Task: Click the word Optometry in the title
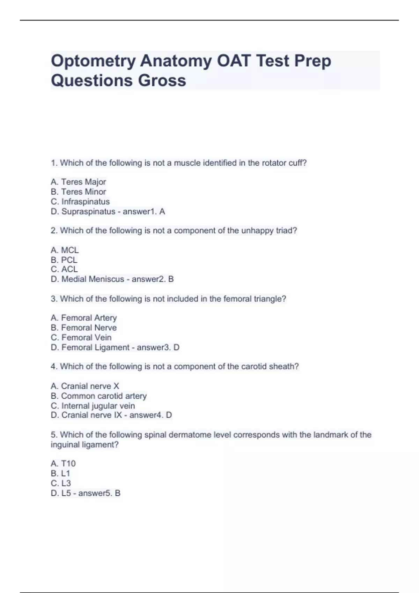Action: point(93,61)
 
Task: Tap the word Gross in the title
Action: point(162,81)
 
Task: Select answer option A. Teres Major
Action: point(78,182)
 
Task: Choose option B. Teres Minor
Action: point(78,192)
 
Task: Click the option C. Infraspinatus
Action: point(80,202)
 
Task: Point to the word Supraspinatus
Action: point(88,211)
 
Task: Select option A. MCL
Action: point(65,250)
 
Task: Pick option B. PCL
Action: point(64,260)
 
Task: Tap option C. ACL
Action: point(64,269)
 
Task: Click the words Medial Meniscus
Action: point(93,279)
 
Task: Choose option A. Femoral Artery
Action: point(84,318)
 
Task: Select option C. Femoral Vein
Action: point(81,337)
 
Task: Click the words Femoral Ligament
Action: point(95,347)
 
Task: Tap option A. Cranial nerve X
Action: point(85,386)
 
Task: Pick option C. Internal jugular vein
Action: point(93,406)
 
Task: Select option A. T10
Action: point(63,464)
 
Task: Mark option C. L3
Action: point(61,483)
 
